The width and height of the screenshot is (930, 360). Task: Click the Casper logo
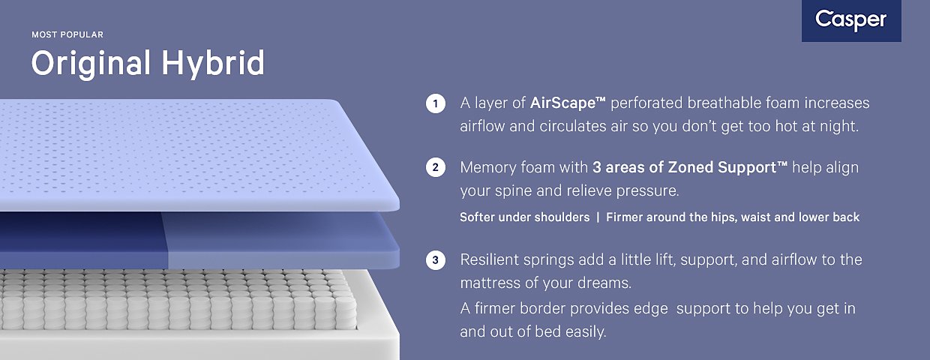point(851,20)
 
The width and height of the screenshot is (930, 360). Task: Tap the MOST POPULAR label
point(67,35)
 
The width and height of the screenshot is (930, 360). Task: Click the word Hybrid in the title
point(213,63)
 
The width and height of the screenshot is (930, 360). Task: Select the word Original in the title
point(91,64)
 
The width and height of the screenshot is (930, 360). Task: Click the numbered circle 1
point(436,103)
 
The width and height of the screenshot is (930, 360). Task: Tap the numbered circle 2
point(436,167)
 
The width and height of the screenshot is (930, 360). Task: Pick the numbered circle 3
point(436,260)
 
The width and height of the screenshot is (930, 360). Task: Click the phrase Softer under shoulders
point(525,217)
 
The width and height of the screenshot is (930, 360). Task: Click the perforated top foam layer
point(187,154)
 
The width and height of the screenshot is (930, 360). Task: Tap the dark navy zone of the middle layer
point(83,240)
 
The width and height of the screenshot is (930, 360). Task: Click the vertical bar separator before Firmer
point(598,217)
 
